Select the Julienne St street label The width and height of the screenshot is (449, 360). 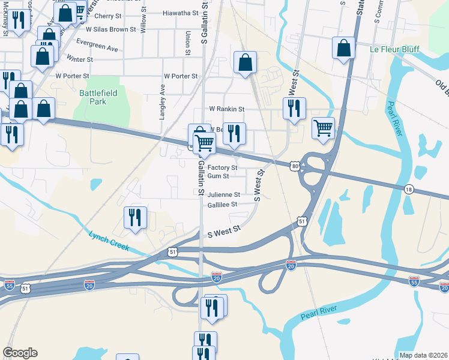click(223, 194)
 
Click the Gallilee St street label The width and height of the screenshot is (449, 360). click(222, 204)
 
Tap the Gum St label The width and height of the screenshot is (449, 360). click(218, 176)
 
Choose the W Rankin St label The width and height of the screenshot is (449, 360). click(226, 109)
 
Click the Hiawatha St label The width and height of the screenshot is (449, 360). click(181, 12)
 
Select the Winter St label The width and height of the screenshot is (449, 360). click(80, 59)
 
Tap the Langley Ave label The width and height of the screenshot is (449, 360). click(162, 101)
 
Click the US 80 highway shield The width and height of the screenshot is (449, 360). click(294, 165)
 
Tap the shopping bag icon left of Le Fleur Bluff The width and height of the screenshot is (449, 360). click(343, 49)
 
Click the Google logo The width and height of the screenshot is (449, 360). click(20, 353)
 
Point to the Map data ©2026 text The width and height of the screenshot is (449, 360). click(423, 355)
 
